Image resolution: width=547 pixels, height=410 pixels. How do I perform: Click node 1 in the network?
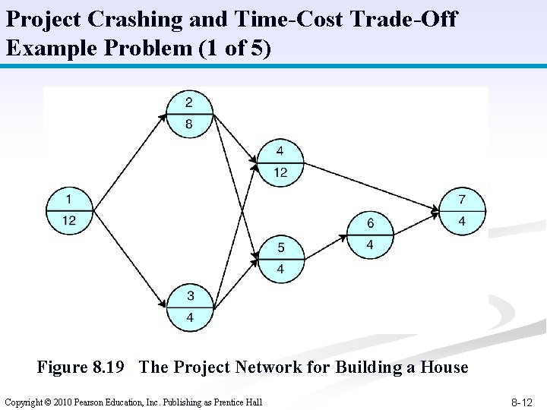(x=69, y=210)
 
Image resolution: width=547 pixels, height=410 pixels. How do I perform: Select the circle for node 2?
(x=188, y=114)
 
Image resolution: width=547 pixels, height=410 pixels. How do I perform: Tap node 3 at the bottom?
(x=190, y=307)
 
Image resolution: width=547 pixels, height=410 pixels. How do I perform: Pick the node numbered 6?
(x=370, y=234)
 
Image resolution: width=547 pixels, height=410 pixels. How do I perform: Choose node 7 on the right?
(x=462, y=210)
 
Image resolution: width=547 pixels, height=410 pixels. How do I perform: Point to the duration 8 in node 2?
(x=188, y=125)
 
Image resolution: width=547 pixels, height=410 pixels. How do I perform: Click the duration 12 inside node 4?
(x=280, y=172)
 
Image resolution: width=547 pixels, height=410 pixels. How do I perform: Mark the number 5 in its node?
(x=281, y=248)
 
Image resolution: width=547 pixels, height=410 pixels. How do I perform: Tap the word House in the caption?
(x=443, y=367)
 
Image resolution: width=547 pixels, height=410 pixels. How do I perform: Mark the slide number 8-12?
(x=522, y=402)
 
